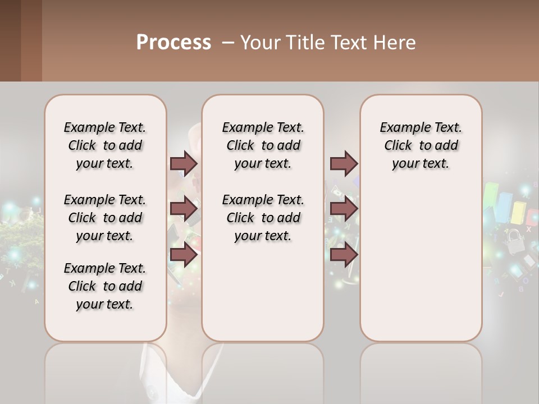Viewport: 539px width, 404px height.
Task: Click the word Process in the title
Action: pyautogui.click(x=173, y=43)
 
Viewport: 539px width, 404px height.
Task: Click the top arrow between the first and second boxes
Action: pyautogui.click(x=184, y=163)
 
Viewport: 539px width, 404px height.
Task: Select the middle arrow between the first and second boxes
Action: pyautogui.click(x=184, y=209)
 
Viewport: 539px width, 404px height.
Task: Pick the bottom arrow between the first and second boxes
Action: pyautogui.click(x=184, y=255)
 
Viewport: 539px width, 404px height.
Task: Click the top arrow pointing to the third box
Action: pyautogui.click(x=344, y=163)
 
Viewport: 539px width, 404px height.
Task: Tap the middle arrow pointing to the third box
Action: pyautogui.click(x=344, y=209)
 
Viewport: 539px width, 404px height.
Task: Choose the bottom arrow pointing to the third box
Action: pyautogui.click(x=344, y=255)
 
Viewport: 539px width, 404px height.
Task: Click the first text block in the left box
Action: pyautogui.click(x=105, y=145)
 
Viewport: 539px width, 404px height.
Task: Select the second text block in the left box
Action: pyautogui.click(x=105, y=218)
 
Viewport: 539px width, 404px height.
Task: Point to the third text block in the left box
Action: pyautogui.click(x=105, y=286)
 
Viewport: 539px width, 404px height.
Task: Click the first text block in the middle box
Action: pyautogui.click(x=263, y=145)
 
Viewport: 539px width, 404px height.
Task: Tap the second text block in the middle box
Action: pyautogui.click(x=263, y=218)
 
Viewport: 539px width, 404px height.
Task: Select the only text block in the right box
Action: pyautogui.click(x=421, y=145)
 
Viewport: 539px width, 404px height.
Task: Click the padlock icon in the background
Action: pyautogui.click(x=513, y=242)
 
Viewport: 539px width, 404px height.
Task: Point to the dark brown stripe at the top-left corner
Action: pyautogui.click(x=10, y=40)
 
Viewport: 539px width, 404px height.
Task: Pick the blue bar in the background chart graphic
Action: pyautogui.click(x=505, y=208)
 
